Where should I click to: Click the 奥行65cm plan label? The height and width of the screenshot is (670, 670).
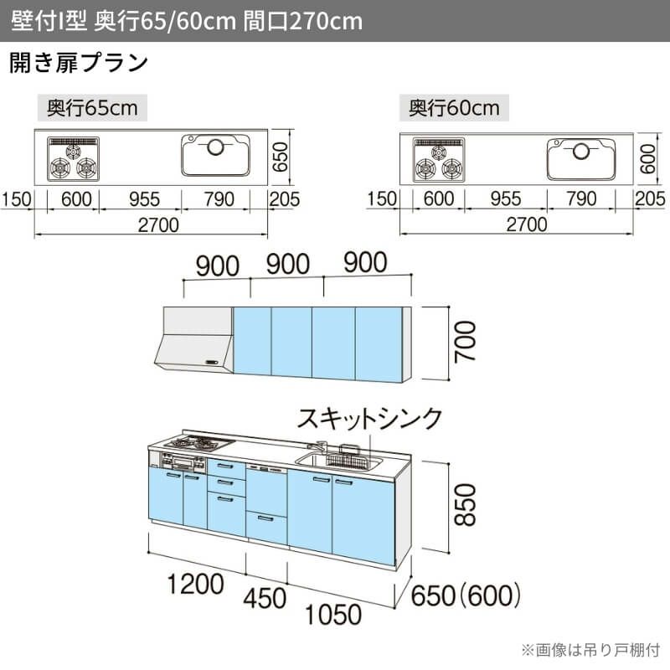click(92, 108)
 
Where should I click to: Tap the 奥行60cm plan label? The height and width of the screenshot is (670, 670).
click(454, 108)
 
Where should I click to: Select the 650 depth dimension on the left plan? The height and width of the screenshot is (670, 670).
click(281, 157)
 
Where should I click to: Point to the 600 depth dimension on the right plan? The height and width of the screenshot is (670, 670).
click(647, 158)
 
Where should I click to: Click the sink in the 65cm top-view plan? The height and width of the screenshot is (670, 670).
click(215, 155)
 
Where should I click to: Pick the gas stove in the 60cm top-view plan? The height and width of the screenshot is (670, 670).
click(439, 160)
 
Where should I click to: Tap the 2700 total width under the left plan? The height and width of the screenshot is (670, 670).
click(158, 225)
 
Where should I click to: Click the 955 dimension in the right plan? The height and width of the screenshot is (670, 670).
click(506, 198)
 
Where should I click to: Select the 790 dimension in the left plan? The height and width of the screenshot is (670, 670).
click(219, 199)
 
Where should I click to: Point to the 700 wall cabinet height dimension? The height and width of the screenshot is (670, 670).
click(465, 343)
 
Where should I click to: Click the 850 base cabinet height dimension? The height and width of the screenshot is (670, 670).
click(465, 505)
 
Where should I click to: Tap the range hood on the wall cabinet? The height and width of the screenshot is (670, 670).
click(193, 339)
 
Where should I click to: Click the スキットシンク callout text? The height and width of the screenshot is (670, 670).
click(369, 418)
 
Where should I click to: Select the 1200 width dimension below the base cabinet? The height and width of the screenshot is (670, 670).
click(195, 584)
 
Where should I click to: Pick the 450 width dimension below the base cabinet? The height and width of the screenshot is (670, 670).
click(265, 598)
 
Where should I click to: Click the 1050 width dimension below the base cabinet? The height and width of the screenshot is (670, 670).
click(333, 615)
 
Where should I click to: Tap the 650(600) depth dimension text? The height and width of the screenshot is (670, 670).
click(466, 595)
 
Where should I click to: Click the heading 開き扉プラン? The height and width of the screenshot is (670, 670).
click(79, 63)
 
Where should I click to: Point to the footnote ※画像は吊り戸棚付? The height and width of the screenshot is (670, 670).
click(590, 651)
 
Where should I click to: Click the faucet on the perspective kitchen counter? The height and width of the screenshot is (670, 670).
click(318, 446)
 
